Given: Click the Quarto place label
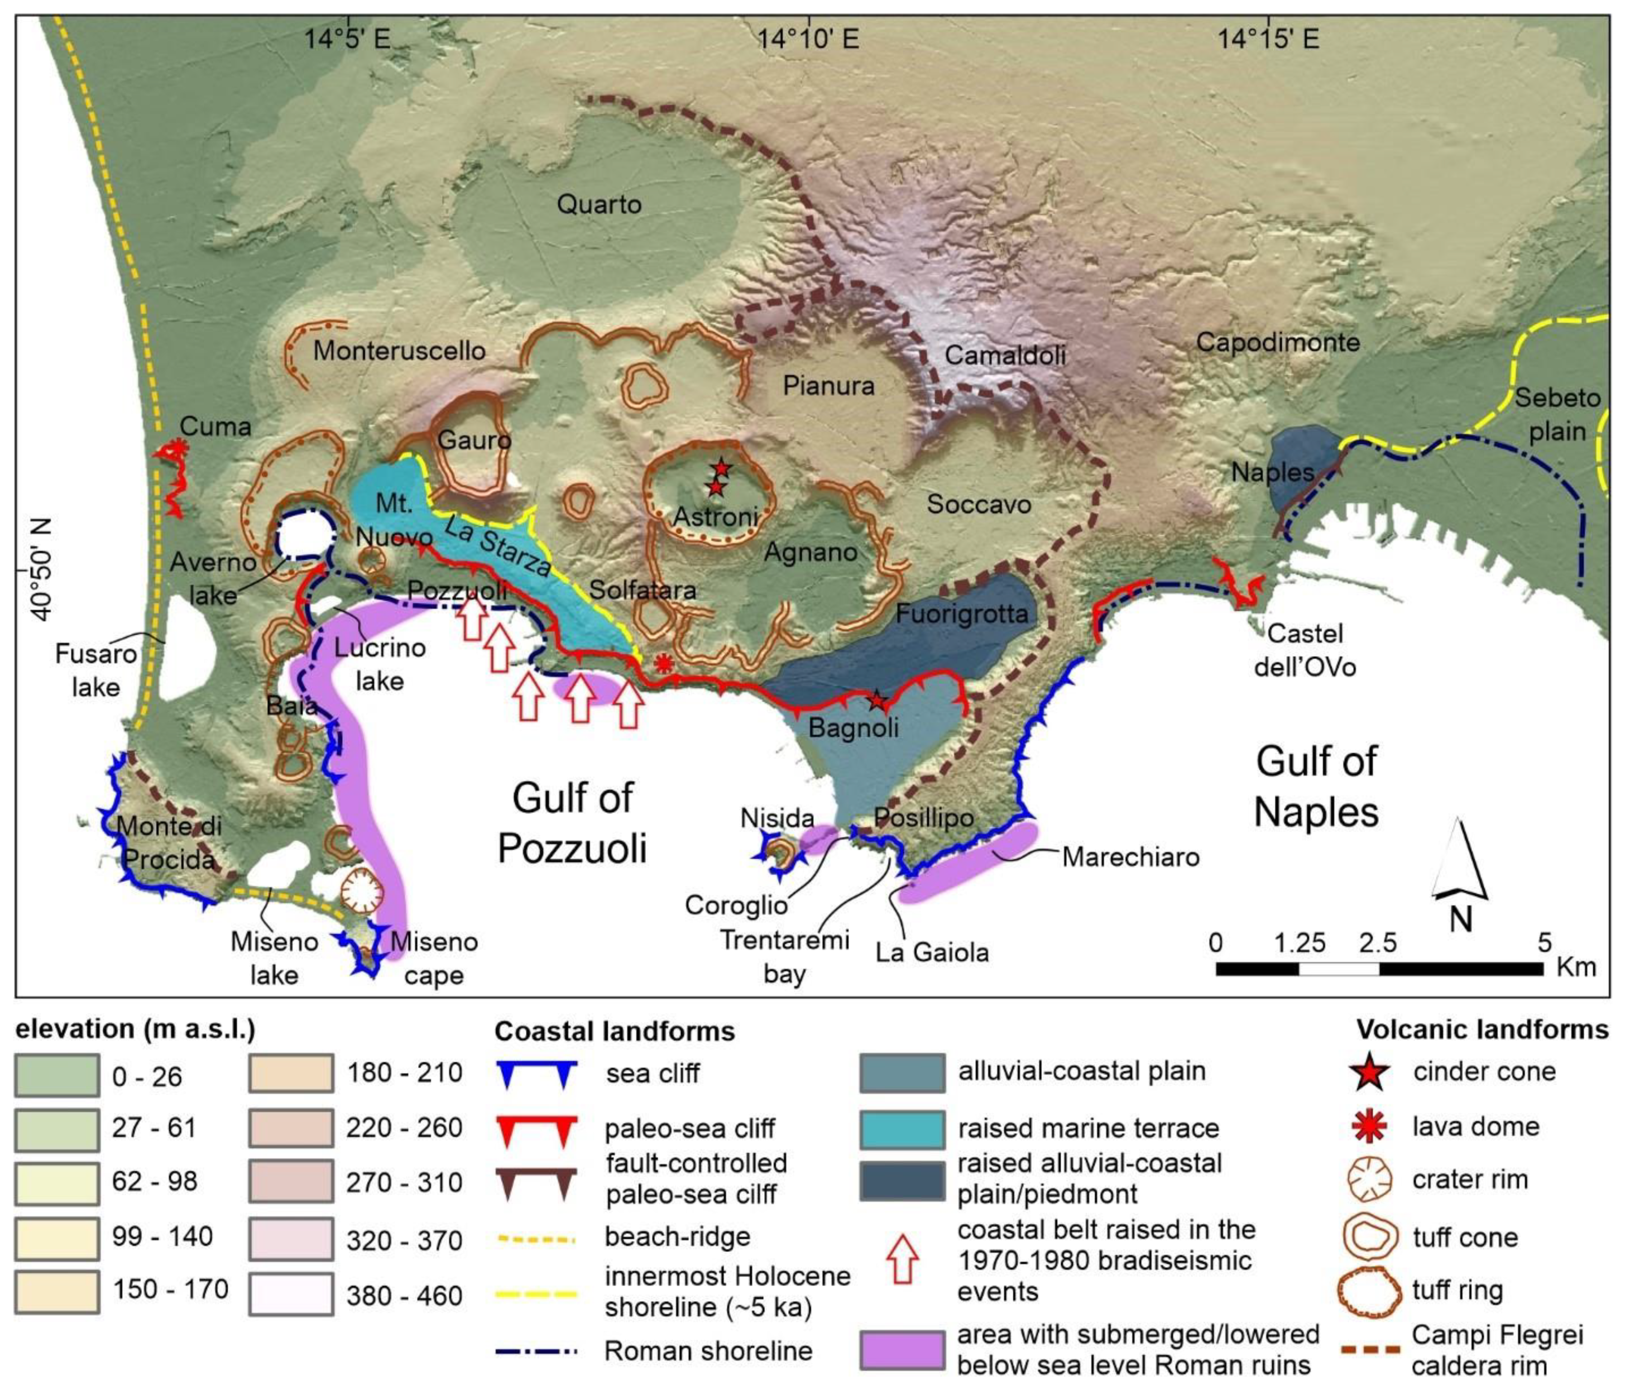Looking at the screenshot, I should click(x=599, y=205).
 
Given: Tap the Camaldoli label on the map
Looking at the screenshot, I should click(x=1005, y=355).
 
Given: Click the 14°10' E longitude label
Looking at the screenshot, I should click(x=808, y=37).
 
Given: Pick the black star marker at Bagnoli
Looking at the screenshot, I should click(x=877, y=700).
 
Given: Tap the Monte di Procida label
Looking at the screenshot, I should click(x=169, y=842).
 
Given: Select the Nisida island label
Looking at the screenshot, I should click(x=777, y=818).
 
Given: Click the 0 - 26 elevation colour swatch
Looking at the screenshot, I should click(x=56, y=1075).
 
